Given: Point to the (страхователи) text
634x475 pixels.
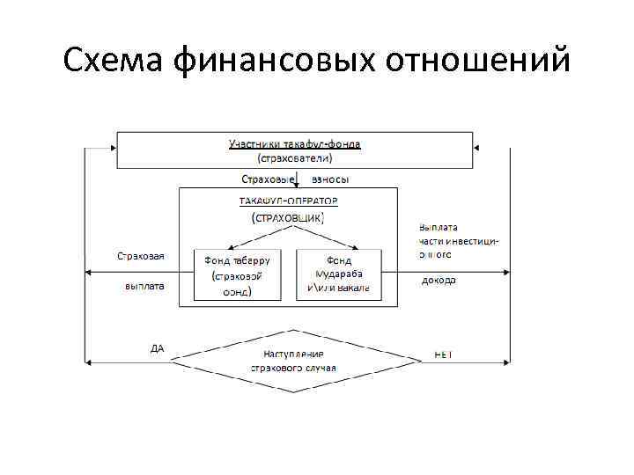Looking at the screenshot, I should tap(295, 158).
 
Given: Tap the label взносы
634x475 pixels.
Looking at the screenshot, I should tap(330, 179).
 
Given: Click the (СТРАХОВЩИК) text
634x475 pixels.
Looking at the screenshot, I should tap(288, 216).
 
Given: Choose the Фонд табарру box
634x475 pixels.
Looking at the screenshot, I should tap(237, 275).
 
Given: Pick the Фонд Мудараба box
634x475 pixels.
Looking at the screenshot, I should tap(339, 275).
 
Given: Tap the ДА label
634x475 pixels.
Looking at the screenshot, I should tap(158, 348).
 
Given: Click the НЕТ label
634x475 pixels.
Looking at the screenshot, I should tap(442, 354).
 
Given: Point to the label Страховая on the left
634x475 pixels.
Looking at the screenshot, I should tap(141, 256).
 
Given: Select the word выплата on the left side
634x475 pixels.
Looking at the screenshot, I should tap(144, 287).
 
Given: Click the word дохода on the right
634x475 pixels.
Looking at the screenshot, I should tap(439, 281).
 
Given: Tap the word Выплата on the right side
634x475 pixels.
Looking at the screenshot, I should tap(439, 226).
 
